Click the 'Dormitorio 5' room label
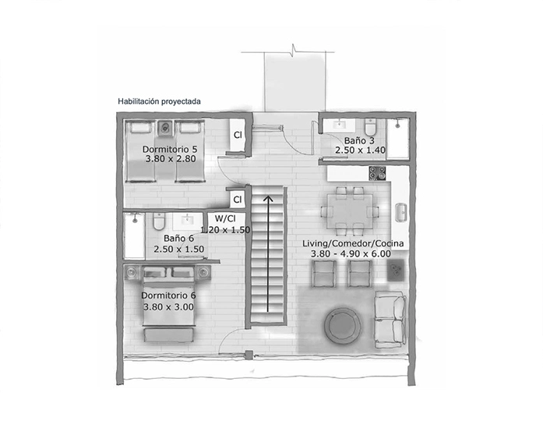point(169,148)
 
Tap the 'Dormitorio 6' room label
point(168,295)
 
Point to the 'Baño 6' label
point(178,239)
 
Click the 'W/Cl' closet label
point(226,219)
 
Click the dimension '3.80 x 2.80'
point(169,158)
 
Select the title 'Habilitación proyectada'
point(160,101)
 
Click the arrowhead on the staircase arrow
point(268,199)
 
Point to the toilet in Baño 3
point(370,128)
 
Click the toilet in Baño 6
point(159,220)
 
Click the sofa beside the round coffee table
point(390,319)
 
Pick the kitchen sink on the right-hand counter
point(401,211)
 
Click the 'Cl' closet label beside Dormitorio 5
point(238,135)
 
